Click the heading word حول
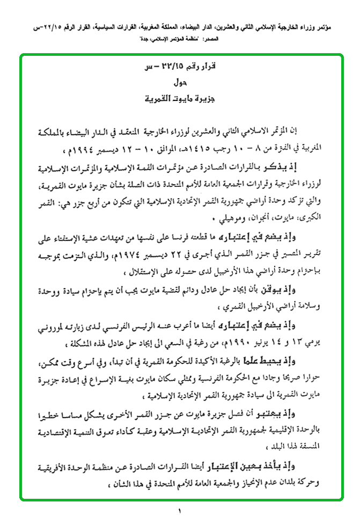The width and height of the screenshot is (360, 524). (180, 84)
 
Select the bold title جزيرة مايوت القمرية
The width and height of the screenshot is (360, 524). (180, 99)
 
